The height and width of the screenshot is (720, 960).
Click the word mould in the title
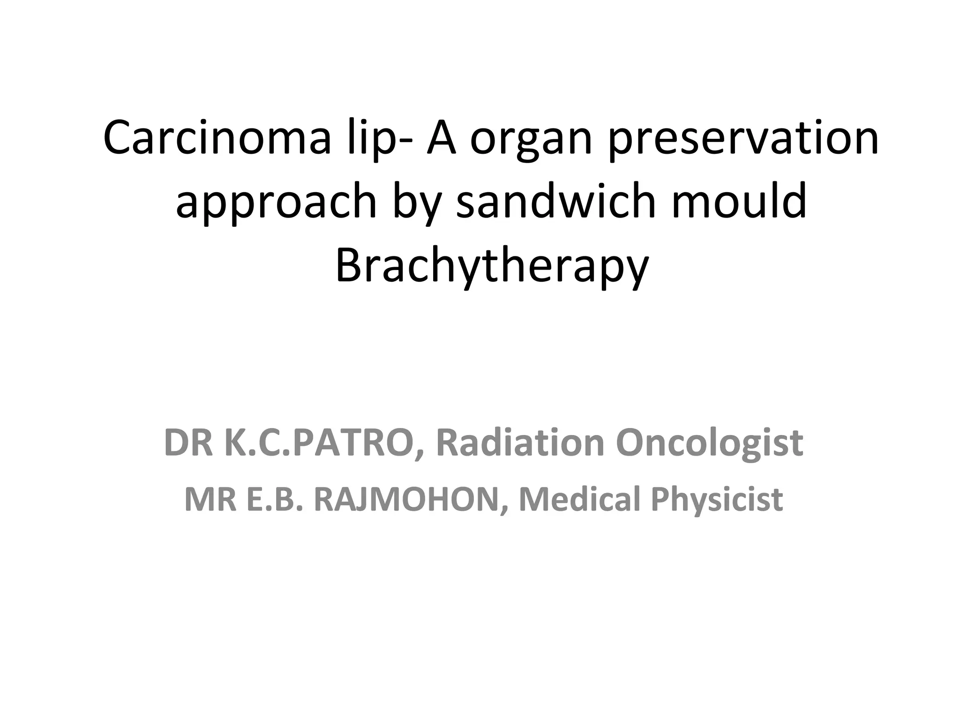(x=739, y=202)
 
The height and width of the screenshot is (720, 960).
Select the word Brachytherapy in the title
(x=492, y=266)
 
